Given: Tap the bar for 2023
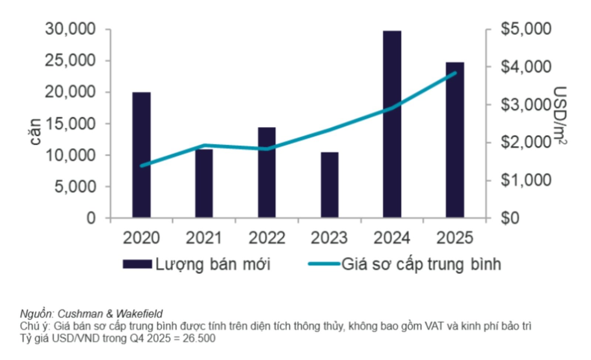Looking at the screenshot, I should coord(329,184).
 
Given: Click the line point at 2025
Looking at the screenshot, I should coord(455,73).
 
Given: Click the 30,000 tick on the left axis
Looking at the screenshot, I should coord(70,29).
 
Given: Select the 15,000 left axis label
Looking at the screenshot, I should coord(70,124).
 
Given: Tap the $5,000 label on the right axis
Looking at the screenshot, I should coord(526,29).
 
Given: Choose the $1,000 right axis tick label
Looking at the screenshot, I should coord(526,180).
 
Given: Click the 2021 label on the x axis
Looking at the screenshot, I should coord(204,238).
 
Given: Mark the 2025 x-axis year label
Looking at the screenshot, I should coord(455,238).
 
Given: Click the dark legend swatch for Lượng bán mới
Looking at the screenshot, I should coord(137,264).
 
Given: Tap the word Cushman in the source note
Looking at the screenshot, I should coord(80,314).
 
